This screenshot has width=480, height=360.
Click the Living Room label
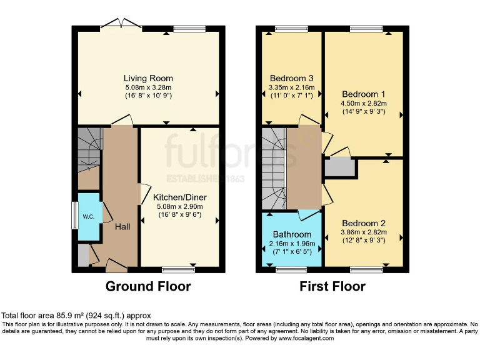tap(148, 78)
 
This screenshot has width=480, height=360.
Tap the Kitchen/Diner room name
tap(181, 197)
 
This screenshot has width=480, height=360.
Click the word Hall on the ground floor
tap(122, 226)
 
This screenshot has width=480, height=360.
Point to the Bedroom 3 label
tap(291, 78)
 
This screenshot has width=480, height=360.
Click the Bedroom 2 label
tap(363, 223)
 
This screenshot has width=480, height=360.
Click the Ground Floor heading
tap(148, 287)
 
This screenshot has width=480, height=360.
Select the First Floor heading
tap(332, 287)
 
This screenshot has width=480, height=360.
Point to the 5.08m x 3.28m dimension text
tap(148, 87)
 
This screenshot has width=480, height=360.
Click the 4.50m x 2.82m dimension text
tap(363, 103)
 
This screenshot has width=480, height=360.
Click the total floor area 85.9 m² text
tap(76, 316)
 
